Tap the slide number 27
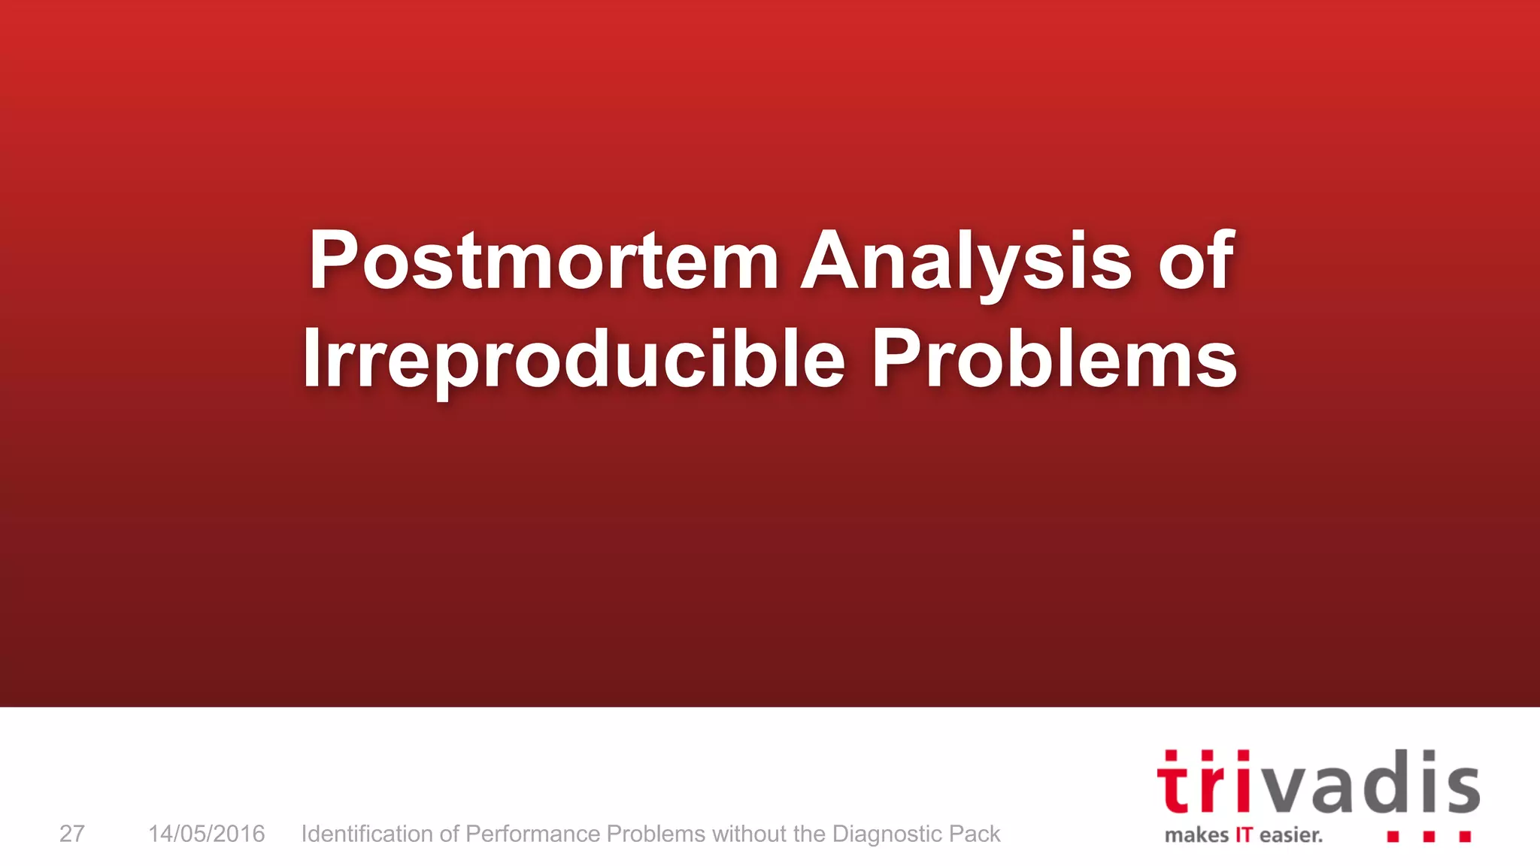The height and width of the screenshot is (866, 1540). point(72,834)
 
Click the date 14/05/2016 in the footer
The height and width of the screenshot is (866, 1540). point(206,834)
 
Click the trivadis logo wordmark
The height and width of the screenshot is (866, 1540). point(1317,783)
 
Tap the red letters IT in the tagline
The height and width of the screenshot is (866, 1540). point(1244,835)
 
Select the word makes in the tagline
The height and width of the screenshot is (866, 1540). point(1196,835)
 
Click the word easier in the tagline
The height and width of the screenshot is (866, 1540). point(1290,835)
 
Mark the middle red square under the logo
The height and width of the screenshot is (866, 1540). point(1429,836)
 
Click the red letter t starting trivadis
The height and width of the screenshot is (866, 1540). point(1174,785)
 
